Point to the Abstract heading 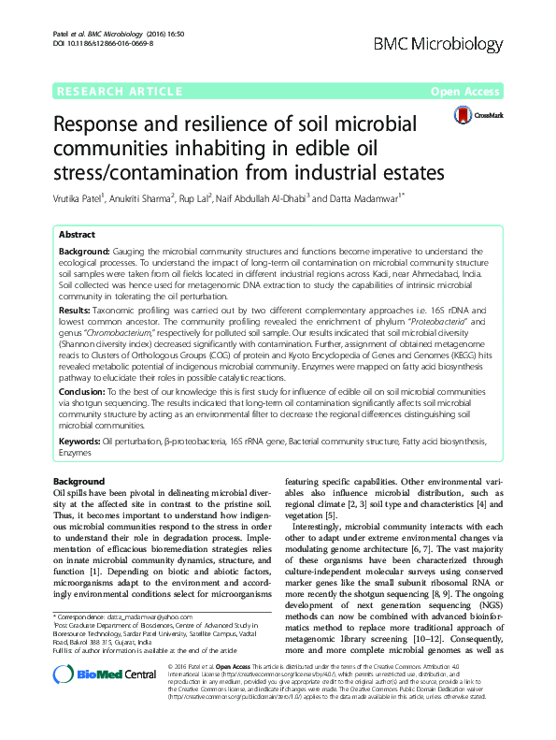click(x=77, y=236)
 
